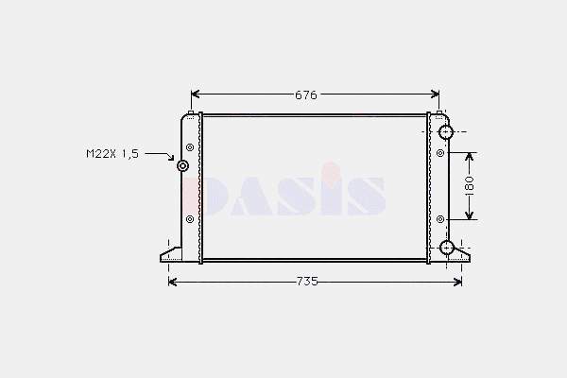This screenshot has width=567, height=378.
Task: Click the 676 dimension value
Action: tap(306, 95)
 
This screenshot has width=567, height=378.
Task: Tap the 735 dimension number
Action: tap(307, 282)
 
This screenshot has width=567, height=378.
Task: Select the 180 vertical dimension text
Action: tap(469, 185)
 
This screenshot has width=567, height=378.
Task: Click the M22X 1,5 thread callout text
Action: tap(112, 154)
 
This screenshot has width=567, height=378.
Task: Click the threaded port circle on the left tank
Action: tap(183, 166)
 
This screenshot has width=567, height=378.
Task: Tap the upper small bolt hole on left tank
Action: tap(190, 147)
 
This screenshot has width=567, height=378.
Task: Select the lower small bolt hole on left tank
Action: tap(190, 219)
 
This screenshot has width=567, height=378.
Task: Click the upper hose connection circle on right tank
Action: tap(446, 132)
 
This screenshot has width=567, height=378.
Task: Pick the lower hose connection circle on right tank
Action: tap(447, 248)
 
